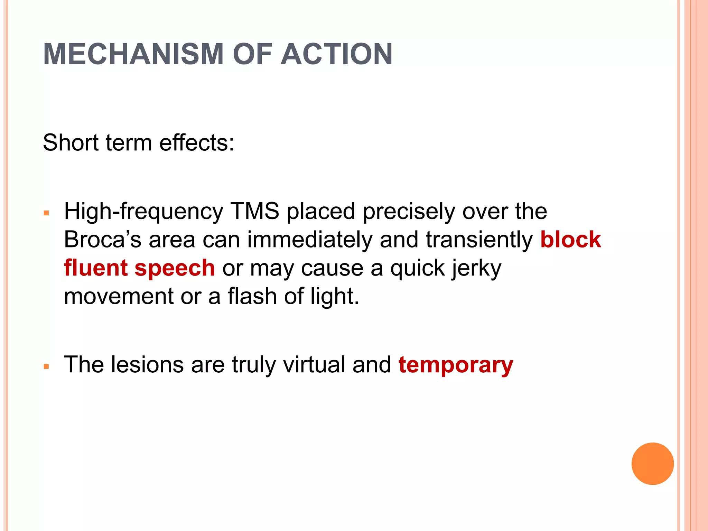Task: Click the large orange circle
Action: coord(652,464)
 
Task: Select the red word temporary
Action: coord(456,365)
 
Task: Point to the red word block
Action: coord(570,239)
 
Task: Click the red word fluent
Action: coord(96,268)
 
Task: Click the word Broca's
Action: coord(103,239)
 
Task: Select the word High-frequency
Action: coord(143,212)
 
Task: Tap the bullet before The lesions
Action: coord(47,366)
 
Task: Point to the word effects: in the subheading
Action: coord(197,142)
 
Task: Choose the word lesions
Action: coord(147,364)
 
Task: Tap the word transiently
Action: coord(479,240)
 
